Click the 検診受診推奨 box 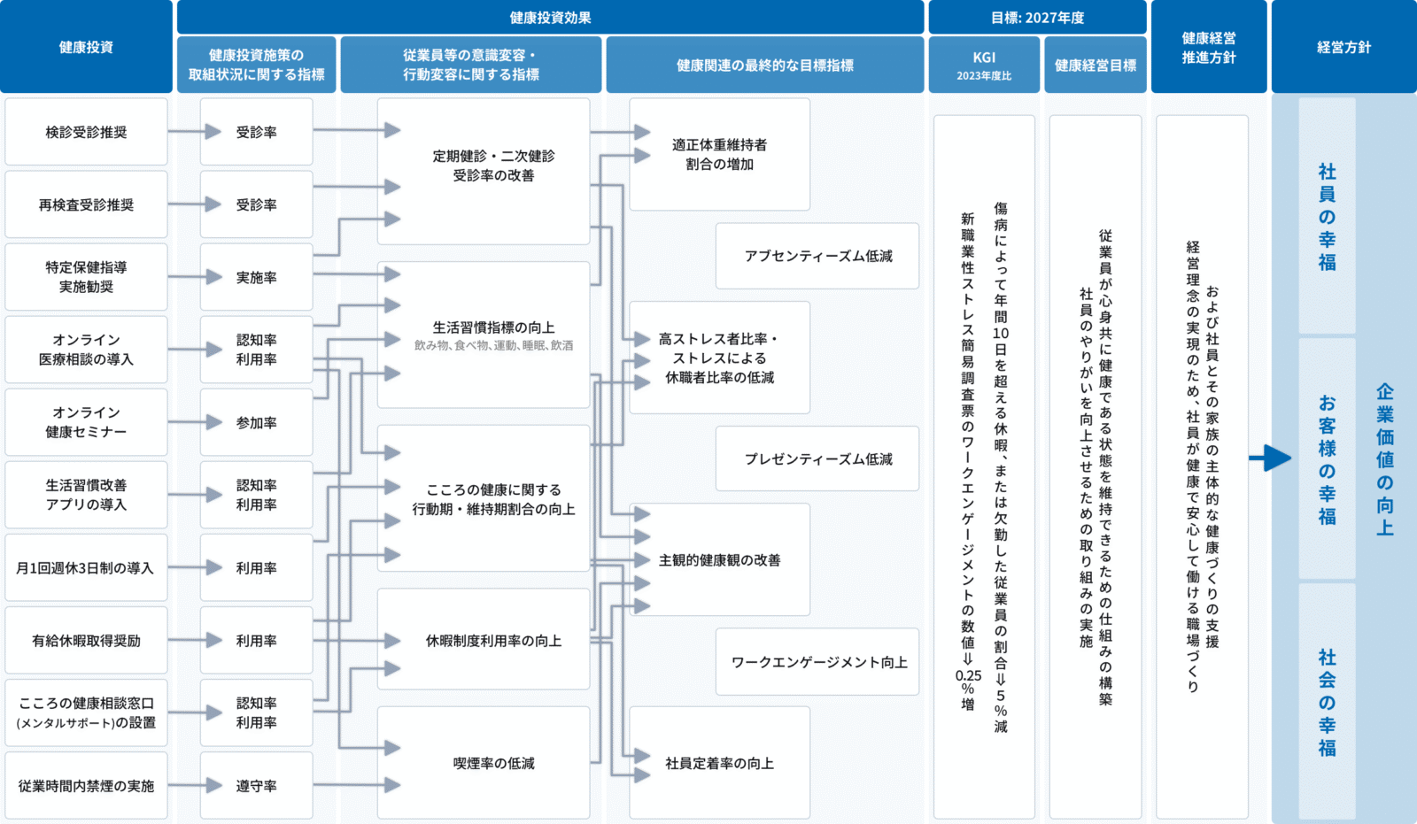[x=86, y=132]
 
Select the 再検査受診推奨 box [x=86, y=204]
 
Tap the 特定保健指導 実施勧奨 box [x=86, y=277]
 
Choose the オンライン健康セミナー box [x=86, y=422]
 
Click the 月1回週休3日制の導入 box [x=86, y=568]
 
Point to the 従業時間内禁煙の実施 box [x=86, y=786]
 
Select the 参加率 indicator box [x=256, y=423]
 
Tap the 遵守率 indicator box [x=256, y=786]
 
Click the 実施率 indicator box [x=256, y=278]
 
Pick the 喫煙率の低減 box [x=493, y=763]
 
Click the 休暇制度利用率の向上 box [x=493, y=641]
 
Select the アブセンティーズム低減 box [x=817, y=256]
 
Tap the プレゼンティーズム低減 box [x=817, y=459]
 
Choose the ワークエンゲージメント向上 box [x=817, y=662]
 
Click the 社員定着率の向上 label [x=719, y=763]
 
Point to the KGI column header [x=984, y=65]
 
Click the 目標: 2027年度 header [x=1037, y=18]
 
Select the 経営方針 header [x=1343, y=47]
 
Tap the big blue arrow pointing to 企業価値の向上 [x=1271, y=458]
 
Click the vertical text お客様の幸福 [x=1327, y=459]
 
